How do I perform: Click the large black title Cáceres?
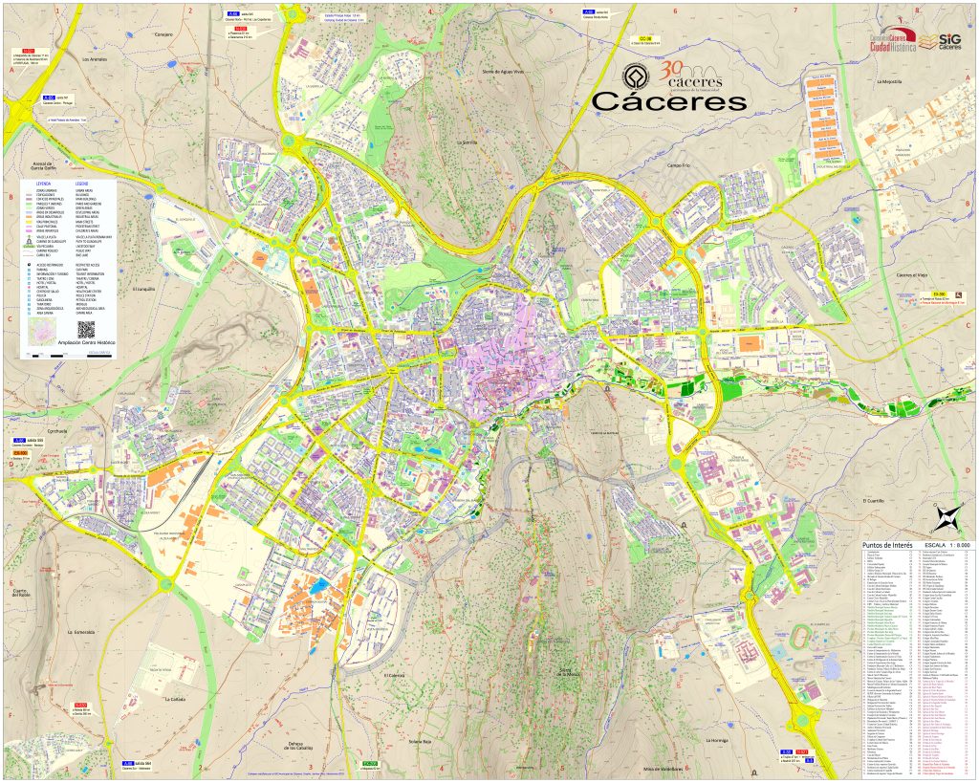(x=668, y=101)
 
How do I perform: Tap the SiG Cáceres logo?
(x=940, y=39)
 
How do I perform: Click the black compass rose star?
(x=946, y=518)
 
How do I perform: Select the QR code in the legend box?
(x=86, y=329)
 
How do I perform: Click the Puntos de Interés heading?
(x=888, y=544)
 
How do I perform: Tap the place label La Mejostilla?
(x=896, y=82)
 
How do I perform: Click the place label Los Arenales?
(x=97, y=59)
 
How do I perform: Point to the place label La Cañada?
(x=174, y=699)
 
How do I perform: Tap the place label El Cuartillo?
(x=875, y=499)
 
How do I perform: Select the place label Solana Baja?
(x=422, y=740)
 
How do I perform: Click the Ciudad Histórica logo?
(x=892, y=39)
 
